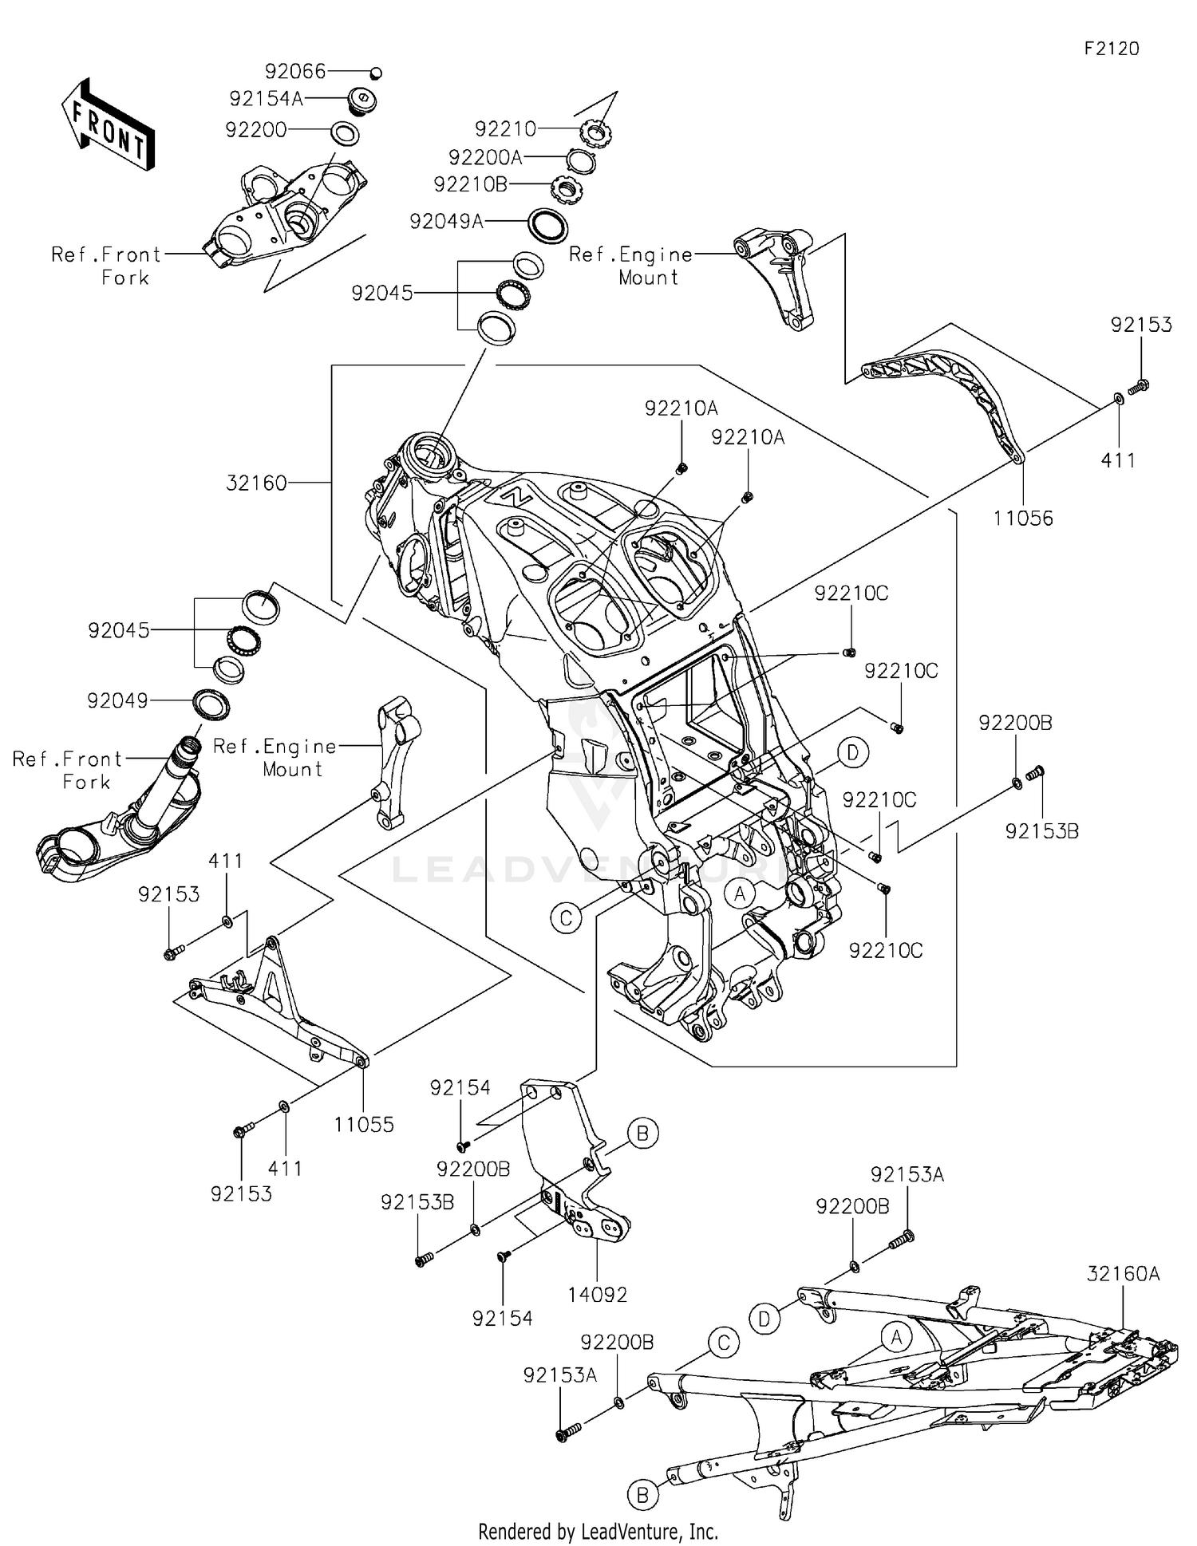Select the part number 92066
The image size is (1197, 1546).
[296, 72]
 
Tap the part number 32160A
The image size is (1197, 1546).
[1124, 1274]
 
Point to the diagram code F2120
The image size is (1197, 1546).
[1112, 49]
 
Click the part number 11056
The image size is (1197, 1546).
[1023, 519]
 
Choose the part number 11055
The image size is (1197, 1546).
[364, 1125]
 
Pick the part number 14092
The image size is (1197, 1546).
[598, 1295]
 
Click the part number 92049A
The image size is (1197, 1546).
[447, 221]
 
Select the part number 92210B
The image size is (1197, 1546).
[471, 184]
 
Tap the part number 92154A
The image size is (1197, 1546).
[267, 99]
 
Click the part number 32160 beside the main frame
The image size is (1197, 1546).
[256, 483]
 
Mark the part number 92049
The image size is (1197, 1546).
[118, 701]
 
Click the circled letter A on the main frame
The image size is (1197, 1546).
[740, 893]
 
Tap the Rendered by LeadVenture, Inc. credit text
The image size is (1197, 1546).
[598, 1531]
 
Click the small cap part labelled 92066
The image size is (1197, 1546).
[377, 73]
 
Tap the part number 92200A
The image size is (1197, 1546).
[485, 157]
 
